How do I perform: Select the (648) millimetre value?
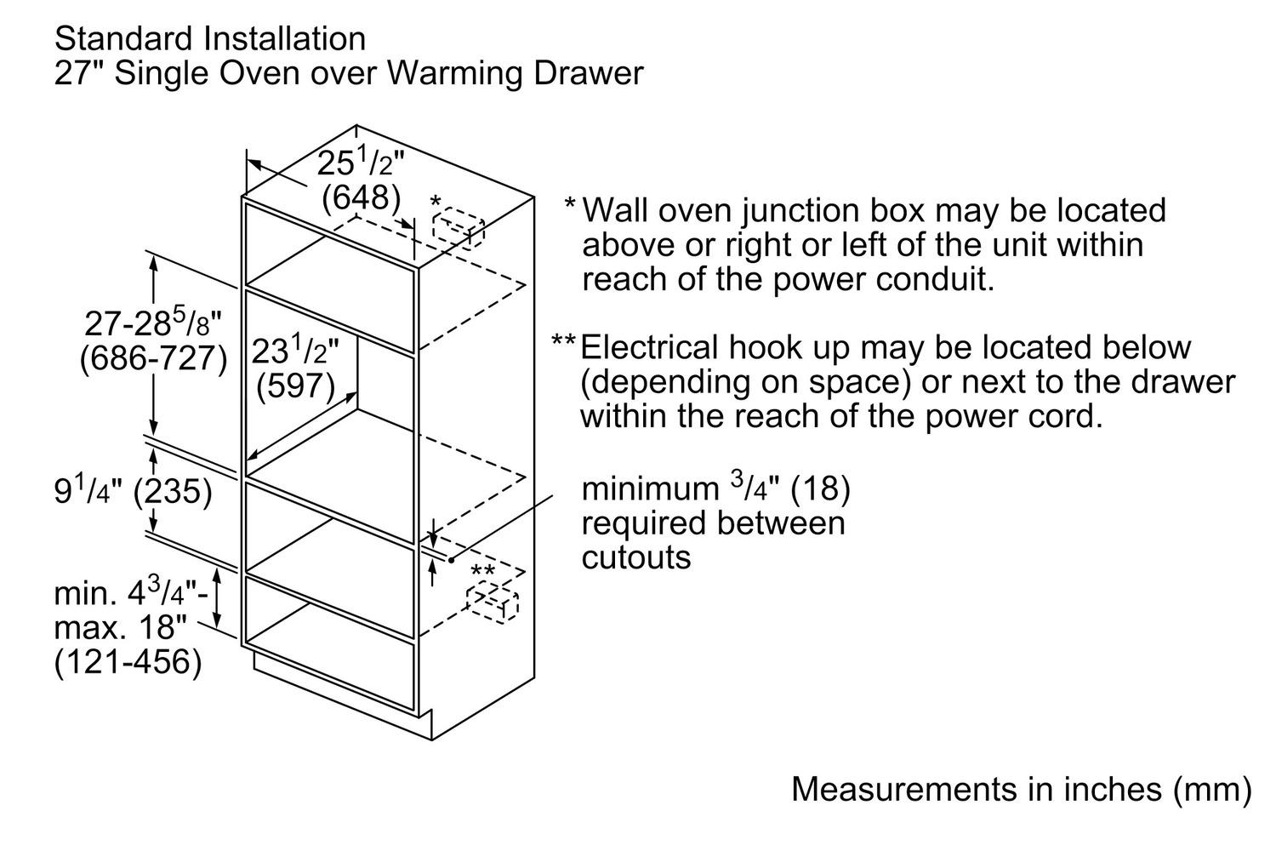[361, 198]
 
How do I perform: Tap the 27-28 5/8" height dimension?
[153, 323]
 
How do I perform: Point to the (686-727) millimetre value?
[153, 358]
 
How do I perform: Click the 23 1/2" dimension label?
[295, 351]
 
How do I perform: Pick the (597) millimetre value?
[295, 386]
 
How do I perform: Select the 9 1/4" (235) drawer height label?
[133, 491]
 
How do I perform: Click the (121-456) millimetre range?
[128, 662]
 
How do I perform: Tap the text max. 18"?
[120, 628]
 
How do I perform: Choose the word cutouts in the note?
[635, 557]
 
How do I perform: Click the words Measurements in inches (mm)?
[1021, 789]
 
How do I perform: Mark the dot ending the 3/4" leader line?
[451, 559]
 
